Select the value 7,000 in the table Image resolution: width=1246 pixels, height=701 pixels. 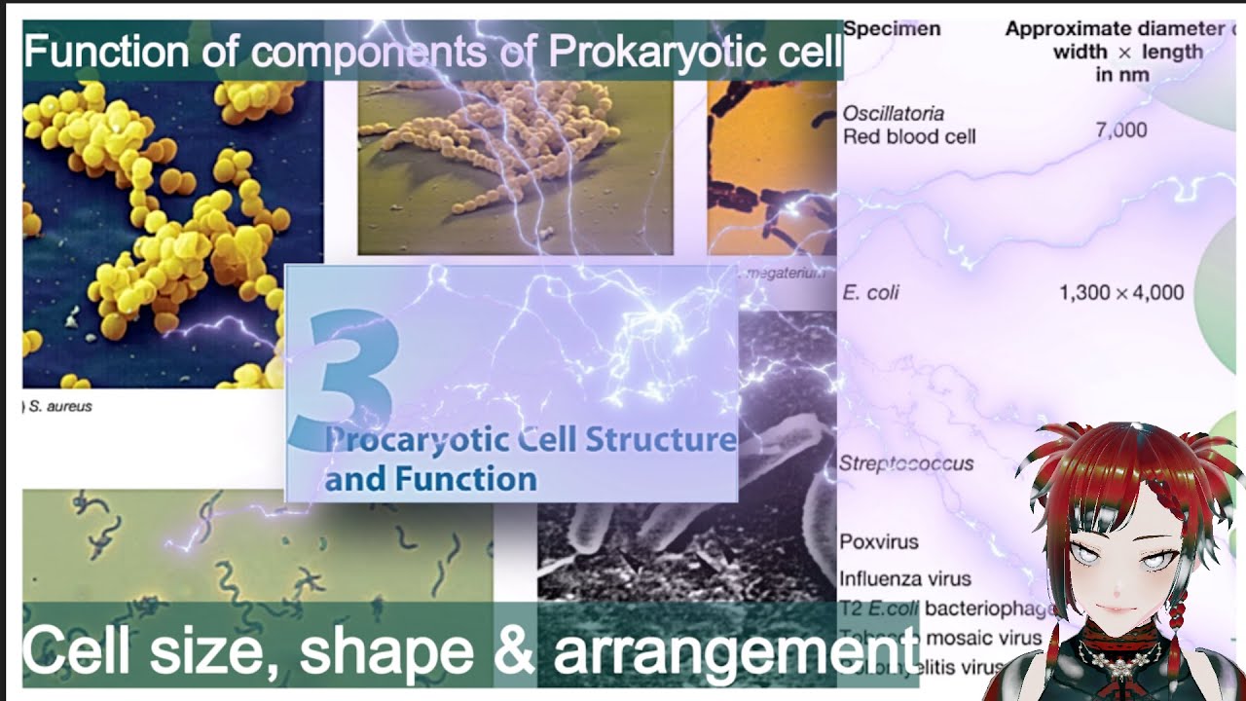(1121, 129)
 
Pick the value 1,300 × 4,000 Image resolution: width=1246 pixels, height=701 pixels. (1121, 292)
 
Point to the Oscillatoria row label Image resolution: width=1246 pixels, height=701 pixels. (893, 114)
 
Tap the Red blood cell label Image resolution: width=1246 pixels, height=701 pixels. (909, 136)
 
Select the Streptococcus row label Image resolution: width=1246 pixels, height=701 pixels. (906, 463)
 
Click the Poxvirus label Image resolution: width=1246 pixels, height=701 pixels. (879, 541)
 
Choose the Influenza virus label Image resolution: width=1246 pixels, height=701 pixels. (905, 578)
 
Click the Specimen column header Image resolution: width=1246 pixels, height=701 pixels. (892, 28)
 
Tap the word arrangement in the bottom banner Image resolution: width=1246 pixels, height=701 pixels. (736, 651)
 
